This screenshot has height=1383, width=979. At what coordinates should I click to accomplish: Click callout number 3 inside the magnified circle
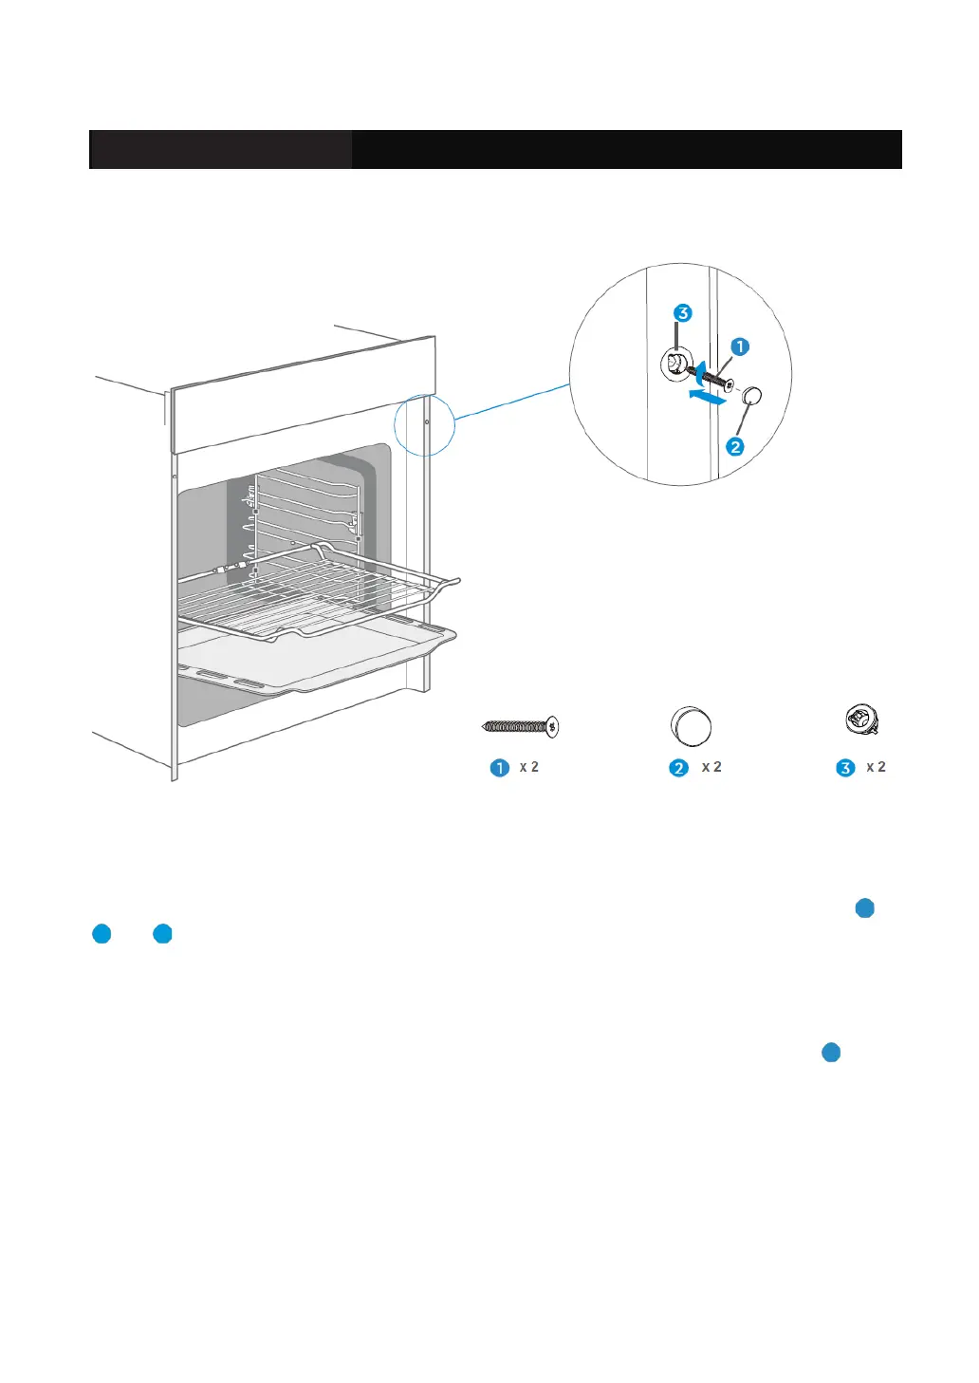click(682, 313)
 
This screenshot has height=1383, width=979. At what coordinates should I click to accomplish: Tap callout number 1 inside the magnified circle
click(740, 347)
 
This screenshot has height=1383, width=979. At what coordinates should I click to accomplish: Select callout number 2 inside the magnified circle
click(735, 446)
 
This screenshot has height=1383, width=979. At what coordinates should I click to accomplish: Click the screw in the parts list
click(521, 727)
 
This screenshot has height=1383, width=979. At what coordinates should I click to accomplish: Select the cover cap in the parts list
click(691, 727)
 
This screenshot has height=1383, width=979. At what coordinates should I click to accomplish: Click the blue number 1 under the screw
click(500, 768)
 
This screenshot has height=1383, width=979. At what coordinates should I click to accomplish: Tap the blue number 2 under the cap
click(678, 768)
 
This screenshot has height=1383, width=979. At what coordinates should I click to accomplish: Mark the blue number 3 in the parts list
click(845, 768)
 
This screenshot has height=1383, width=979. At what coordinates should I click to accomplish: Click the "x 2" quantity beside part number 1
click(529, 767)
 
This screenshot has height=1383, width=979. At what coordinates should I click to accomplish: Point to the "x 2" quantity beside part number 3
click(876, 767)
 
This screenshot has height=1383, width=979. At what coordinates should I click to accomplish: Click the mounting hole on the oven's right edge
click(427, 421)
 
